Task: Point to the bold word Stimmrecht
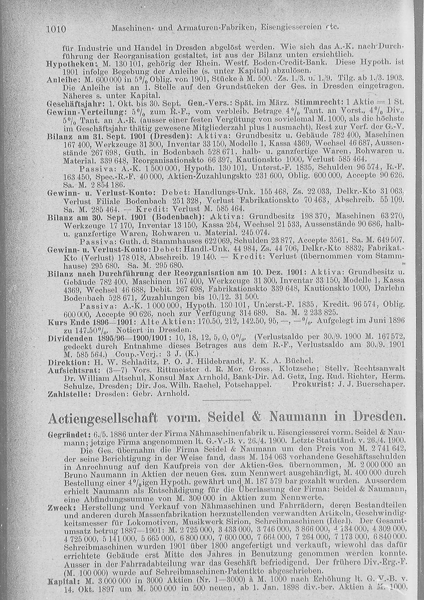click(x=316, y=103)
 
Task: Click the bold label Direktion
click(x=68, y=363)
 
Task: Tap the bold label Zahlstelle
click(x=70, y=393)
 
